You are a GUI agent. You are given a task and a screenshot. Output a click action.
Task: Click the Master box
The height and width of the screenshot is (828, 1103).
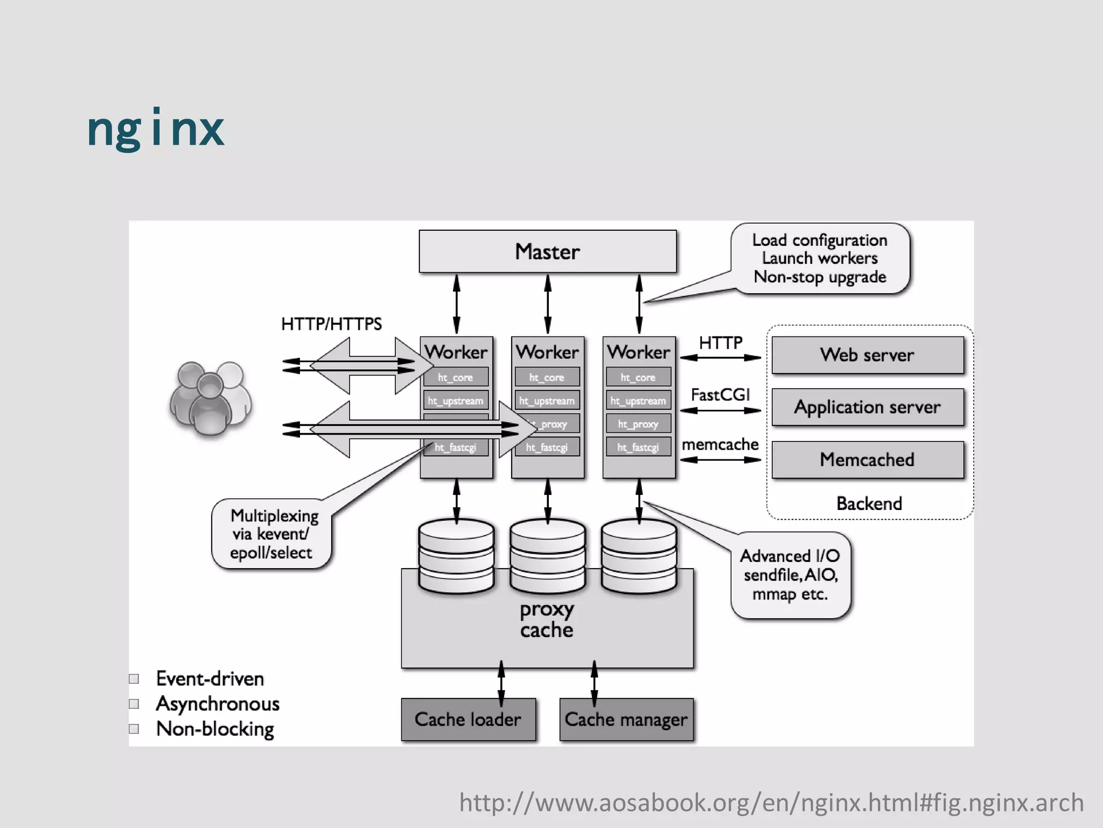(547, 252)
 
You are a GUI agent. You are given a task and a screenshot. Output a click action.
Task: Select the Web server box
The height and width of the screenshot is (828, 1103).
(867, 355)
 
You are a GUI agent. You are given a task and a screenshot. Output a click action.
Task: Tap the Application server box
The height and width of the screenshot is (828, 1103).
(867, 407)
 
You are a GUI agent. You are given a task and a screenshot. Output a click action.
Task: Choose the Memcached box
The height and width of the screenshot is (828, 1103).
(867, 460)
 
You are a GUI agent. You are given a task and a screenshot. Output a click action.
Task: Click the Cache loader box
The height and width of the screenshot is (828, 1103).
(468, 720)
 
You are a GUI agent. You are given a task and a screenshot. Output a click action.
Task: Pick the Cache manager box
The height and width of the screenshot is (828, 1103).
(626, 720)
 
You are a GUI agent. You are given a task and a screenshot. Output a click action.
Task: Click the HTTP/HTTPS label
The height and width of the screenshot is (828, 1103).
(331, 324)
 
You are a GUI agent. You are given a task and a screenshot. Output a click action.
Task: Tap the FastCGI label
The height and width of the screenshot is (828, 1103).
(720, 395)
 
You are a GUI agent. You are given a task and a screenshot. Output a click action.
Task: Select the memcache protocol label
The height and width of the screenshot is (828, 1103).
(720, 445)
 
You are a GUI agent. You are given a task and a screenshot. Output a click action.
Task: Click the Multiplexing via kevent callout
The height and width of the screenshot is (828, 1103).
(271, 534)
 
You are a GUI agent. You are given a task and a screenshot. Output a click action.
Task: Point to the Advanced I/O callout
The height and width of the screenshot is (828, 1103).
(790, 575)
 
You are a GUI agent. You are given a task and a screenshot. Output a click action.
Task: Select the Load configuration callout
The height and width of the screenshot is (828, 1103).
(820, 259)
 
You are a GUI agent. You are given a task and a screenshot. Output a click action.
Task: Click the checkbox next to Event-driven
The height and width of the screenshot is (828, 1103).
(134, 679)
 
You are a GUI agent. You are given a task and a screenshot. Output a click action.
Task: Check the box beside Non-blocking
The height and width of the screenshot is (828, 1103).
(134, 729)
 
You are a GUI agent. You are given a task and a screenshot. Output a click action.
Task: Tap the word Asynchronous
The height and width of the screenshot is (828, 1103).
(218, 704)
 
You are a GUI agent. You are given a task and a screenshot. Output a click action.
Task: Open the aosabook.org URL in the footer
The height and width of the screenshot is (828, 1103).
(771, 803)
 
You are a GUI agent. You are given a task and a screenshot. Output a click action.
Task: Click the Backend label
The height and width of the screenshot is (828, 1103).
(869, 503)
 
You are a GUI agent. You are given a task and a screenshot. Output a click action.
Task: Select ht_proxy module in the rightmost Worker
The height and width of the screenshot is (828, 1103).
(638, 424)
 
